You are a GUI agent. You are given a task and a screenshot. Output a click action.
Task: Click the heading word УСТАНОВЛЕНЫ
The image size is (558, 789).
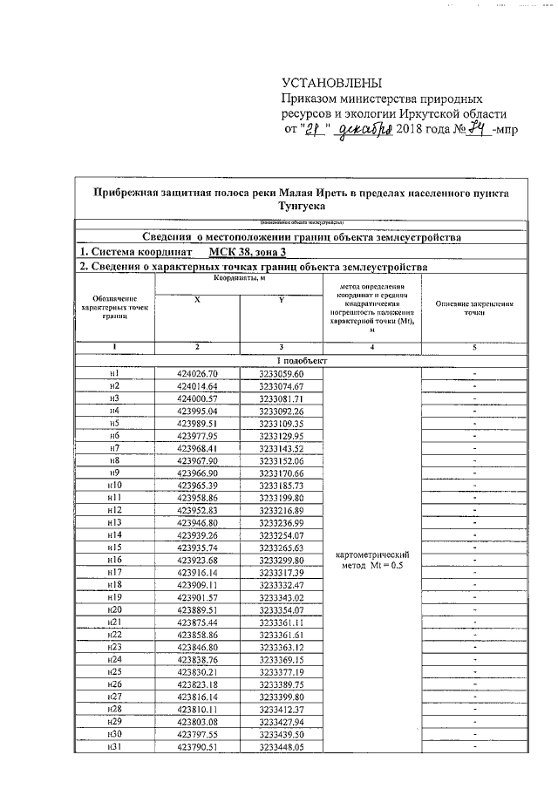coord(331,84)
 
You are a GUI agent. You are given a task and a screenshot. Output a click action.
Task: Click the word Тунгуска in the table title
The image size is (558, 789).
coord(302,207)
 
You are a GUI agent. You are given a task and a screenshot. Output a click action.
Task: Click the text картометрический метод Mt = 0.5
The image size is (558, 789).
coord(371,560)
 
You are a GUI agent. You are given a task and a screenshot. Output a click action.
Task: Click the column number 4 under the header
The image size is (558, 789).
coord(371,347)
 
